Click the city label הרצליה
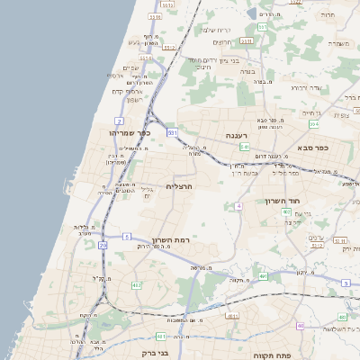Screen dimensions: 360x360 [181, 186]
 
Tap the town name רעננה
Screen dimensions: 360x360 [238, 135]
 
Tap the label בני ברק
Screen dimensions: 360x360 [156, 353]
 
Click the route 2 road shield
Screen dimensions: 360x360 [119, 120]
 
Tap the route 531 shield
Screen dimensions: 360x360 [171, 132]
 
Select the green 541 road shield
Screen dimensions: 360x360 [244, 145]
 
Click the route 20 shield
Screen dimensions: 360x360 [103, 244]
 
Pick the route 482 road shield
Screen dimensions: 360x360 [137, 285]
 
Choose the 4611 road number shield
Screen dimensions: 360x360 [232, 316]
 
